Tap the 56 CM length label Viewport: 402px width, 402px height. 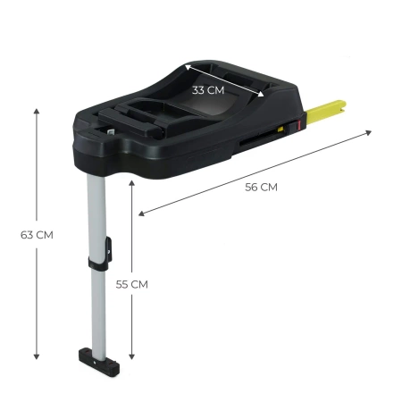(x=261, y=187)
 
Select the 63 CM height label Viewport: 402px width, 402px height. (x=37, y=235)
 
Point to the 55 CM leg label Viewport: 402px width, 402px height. (x=131, y=284)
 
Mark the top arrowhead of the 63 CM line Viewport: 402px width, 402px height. (x=37, y=111)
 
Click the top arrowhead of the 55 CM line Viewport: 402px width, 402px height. (x=132, y=181)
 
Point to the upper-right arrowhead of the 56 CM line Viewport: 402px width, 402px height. (x=368, y=134)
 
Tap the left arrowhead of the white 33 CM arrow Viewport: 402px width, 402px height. (x=187, y=67)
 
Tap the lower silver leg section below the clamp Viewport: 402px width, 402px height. (x=97, y=308)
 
